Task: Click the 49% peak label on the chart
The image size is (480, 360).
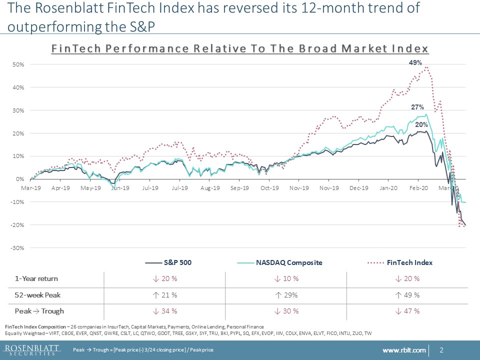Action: [415, 63]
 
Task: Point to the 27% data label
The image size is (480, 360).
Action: [417, 107]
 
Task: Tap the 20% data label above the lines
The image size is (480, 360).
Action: [421, 124]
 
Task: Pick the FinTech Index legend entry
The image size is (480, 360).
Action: [409, 262]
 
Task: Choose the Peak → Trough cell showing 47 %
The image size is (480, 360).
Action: [407, 311]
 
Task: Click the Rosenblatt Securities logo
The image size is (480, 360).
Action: [31, 349]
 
